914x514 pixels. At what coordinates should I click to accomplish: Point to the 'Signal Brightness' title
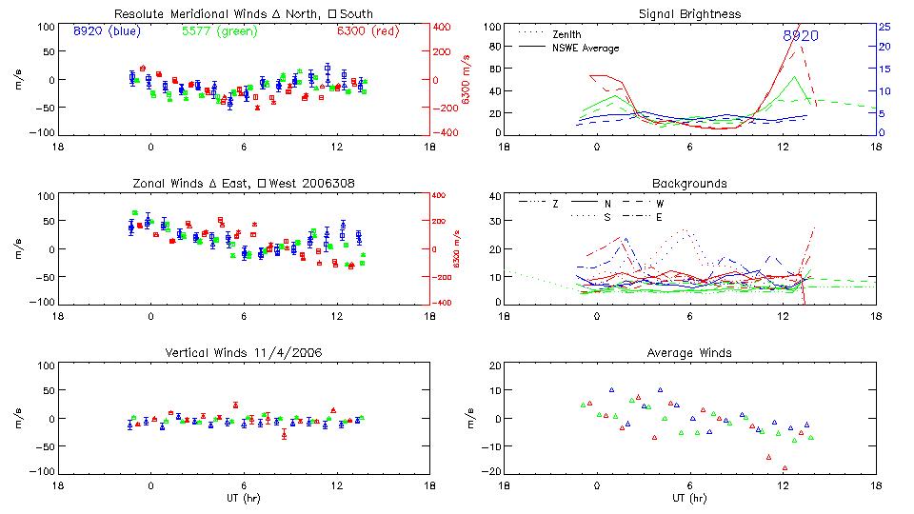pyautogui.click(x=689, y=14)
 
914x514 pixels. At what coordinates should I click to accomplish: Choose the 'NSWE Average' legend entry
pyautogui.click(x=586, y=48)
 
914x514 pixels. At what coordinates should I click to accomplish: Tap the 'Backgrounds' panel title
pyautogui.click(x=689, y=183)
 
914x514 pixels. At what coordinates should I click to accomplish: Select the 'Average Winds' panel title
pyautogui.click(x=689, y=353)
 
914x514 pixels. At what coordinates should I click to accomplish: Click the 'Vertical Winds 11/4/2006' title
pyautogui.click(x=243, y=353)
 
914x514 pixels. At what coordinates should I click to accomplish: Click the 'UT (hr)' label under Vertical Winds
pyautogui.click(x=243, y=498)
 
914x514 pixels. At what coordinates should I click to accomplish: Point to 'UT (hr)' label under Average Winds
pyautogui.click(x=689, y=498)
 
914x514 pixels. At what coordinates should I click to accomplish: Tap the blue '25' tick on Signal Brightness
pyautogui.click(x=884, y=27)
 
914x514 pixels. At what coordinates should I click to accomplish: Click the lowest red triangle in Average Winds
pyautogui.click(x=785, y=468)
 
